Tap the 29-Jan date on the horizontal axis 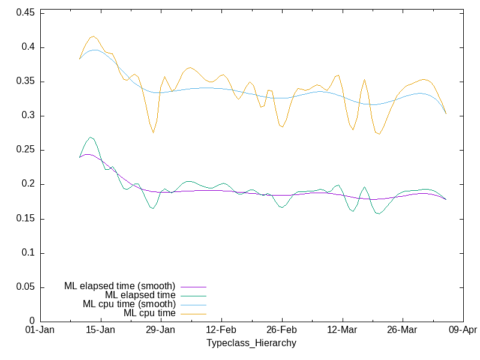click(161, 331)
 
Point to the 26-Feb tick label click(281, 331)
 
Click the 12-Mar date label click(342, 331)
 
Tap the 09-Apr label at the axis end click(463, 331)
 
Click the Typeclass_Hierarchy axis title click(251, 343)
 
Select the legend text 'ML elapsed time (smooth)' click(119, 286)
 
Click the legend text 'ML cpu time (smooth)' click(129, 304)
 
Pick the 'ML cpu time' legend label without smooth click(149, 313)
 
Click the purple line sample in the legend click(192, 286)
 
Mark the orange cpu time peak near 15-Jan click(93, 36)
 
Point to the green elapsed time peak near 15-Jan click(91, 137)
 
